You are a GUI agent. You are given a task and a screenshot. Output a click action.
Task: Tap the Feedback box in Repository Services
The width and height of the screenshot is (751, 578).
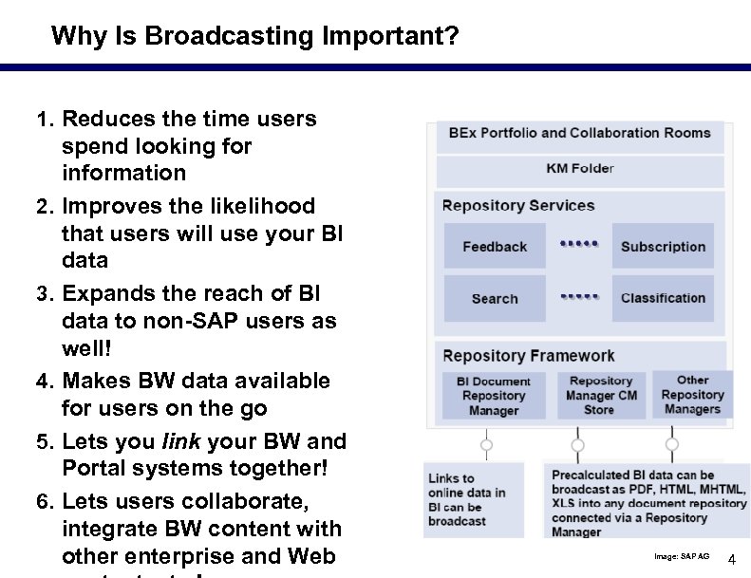point(495,247)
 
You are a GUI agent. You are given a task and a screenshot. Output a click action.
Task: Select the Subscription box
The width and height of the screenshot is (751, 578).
point(663,247)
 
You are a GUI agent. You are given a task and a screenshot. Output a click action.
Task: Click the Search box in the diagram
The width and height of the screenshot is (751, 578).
point(495,298)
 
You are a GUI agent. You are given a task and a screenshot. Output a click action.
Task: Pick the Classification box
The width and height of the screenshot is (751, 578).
point(663,298)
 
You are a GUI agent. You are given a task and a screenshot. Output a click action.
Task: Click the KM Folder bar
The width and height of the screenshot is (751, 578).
point(580,169)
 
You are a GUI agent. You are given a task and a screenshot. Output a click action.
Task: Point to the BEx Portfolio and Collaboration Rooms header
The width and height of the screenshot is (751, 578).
point(579,134)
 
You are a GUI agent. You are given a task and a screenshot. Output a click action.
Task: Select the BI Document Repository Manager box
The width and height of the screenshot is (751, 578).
point(494,395)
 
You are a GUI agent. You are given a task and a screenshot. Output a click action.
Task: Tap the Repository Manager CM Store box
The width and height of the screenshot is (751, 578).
point(600,395)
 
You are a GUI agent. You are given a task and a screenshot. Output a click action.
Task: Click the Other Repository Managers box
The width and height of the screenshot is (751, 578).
point(692,394)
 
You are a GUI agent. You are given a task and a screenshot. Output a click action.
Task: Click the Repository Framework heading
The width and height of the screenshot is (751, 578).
point(529,356)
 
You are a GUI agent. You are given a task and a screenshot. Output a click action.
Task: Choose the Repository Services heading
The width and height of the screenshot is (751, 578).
point(518,206)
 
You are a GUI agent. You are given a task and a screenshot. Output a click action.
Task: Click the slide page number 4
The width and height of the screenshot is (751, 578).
point(731,560)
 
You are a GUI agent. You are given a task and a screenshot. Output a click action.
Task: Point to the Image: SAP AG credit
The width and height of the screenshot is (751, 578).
point(682,556)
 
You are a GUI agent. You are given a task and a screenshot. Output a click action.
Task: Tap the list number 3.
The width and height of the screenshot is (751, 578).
point(43,294)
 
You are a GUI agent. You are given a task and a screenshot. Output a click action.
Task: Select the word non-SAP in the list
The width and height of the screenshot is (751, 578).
point(172,321)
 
